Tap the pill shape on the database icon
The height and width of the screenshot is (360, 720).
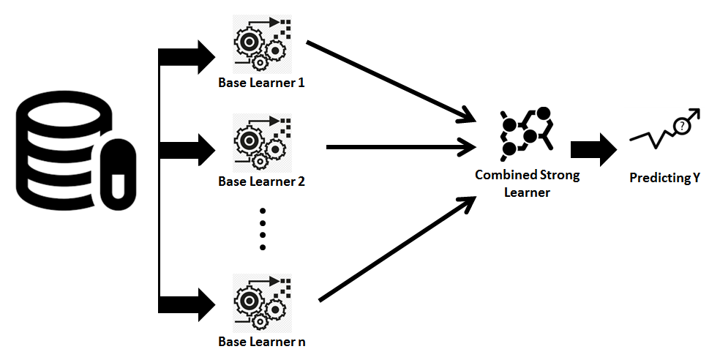click(117, 173)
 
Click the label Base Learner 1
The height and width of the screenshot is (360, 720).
click(261, 83)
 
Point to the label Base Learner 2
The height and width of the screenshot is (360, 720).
click(261, 181)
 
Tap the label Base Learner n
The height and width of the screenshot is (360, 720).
click(261, 342)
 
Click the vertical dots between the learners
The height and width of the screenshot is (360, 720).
click(262, 229)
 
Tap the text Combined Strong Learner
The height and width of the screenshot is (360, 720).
click(527, 183)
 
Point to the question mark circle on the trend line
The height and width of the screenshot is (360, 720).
click(682, 126)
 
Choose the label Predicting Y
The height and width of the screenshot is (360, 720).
click(665, 177)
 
